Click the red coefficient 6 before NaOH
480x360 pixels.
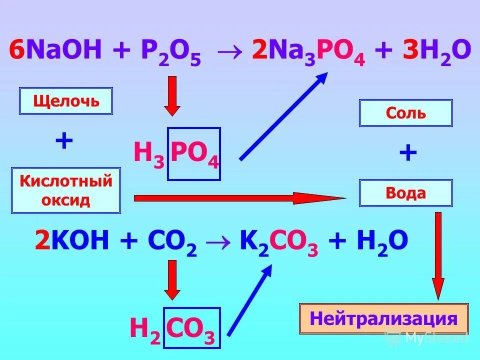point(16,52)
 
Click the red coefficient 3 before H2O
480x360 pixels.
point(410,52)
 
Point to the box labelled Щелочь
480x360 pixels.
point(66,101)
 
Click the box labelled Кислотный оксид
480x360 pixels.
point(66,190)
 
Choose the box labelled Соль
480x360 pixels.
point(405,113)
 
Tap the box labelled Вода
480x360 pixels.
point(405,193)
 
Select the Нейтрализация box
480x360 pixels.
point(383,318)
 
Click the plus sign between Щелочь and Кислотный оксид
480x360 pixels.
point(64,141)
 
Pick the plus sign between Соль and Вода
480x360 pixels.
point(408,153)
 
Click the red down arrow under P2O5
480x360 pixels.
point(172,95)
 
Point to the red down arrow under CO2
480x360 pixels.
point(172,279)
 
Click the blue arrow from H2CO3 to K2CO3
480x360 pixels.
point(249,300)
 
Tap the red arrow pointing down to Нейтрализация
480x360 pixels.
point(438,255)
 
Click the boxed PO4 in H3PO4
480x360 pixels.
point(194,153)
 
